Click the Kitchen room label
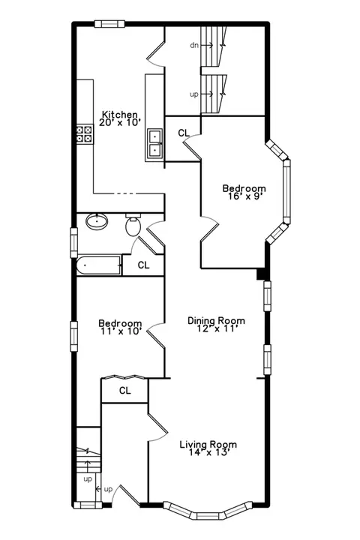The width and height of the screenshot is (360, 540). [x=120, y=114]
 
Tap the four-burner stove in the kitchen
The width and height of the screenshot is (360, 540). [x=85, y=134]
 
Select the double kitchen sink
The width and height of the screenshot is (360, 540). [x=154, y=143]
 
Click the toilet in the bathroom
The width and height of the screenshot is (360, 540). [x=133, y=225]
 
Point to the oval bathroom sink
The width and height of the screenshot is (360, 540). [x=97, y=221]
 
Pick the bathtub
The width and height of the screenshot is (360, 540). [x=99, y=265]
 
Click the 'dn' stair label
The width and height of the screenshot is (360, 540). [x=194, y=45]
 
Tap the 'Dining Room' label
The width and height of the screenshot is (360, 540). [x=216, y=321]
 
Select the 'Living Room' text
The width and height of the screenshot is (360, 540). [x=208, y=444]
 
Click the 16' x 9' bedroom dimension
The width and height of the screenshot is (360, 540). [x=244, y=196]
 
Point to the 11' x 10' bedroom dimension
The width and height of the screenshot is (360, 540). [x=120, y=331]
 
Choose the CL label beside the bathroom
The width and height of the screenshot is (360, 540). [x=144, y=265]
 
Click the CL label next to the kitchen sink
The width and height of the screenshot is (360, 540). [x=184, y=133]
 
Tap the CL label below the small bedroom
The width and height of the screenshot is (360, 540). [x=125, y=391]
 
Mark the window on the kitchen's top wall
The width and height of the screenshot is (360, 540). [x=109, y=23]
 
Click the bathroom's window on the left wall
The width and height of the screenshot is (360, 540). [x=73, y=242]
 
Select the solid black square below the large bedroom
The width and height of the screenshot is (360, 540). [x=261, y=274]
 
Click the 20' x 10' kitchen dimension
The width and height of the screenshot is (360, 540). [x=120, y=122]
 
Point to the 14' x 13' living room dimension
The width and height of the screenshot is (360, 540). [x=208, y=452]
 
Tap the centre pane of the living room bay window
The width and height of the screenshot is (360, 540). [x=208, y=516]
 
